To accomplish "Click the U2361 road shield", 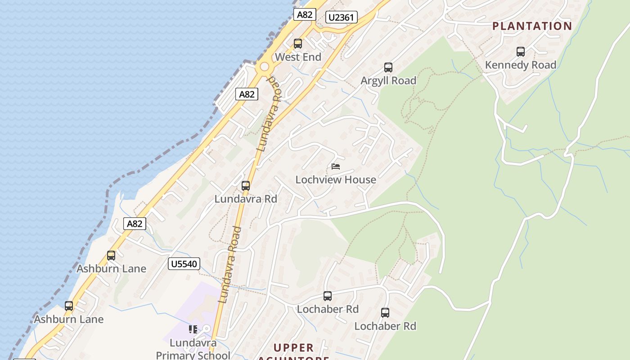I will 342,18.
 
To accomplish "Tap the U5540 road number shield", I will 184,264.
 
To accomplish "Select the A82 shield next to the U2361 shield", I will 304,14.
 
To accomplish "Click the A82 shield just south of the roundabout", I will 247,94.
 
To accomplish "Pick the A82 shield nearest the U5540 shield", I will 135,224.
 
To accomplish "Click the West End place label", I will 298,57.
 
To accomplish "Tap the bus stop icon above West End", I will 297,44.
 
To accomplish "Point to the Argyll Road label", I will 388,81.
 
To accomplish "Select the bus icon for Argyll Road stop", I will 388,67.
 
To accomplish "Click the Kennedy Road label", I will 521,65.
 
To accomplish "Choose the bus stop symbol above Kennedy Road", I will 521,52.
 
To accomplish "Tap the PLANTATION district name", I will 532,26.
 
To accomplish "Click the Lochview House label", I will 336,180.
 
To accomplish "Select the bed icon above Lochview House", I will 336,166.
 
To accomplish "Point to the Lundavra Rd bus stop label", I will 246,198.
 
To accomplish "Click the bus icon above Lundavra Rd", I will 246,185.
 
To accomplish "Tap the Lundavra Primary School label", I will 193,349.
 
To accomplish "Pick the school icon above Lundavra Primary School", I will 193,329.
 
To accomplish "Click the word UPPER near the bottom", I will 294,348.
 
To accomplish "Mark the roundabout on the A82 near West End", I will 264,67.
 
